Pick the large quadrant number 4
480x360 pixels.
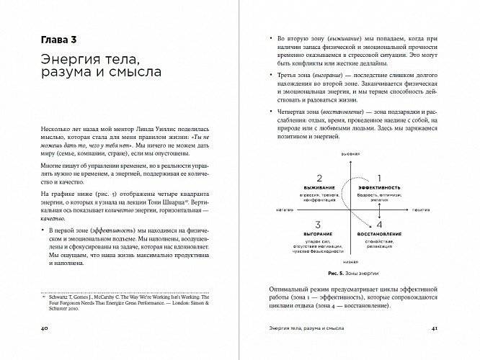373,225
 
